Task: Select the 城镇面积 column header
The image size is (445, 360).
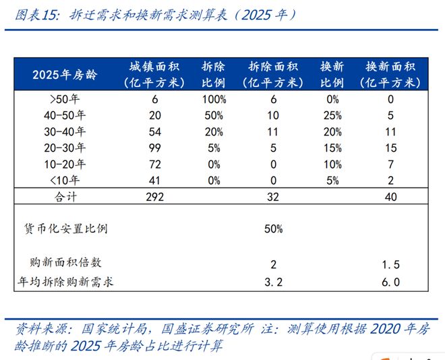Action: tap(154, 74)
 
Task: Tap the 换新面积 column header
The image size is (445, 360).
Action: tap(390, 74)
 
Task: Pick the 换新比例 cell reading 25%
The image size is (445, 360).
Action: tap(332, 115)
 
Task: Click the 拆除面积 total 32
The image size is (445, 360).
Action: tap(273, 197)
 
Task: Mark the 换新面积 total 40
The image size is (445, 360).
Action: tap(390, 197)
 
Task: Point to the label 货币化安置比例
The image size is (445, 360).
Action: tap(66, 229)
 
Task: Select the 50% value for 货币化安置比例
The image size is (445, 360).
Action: tap(273, 229)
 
